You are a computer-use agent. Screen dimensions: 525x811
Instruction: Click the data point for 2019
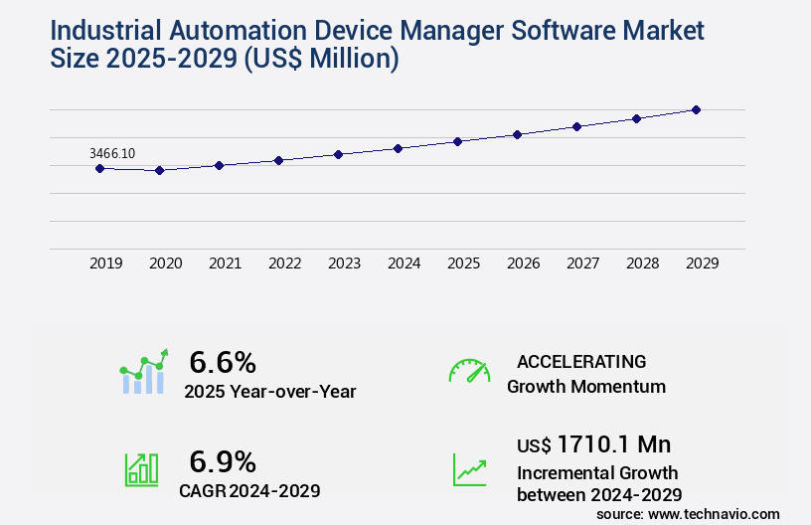point(99,168)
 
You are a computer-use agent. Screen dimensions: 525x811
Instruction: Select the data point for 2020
point(159,170)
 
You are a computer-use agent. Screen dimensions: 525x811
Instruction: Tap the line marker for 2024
point(398,148)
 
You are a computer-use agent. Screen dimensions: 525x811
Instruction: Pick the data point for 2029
point(696,109)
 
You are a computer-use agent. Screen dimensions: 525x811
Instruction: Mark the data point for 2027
point(576,126)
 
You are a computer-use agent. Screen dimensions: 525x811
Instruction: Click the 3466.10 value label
point(111,153)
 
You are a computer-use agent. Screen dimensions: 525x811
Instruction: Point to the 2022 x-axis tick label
point(284,263)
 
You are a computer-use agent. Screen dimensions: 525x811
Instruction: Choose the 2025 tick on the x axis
point(463,263)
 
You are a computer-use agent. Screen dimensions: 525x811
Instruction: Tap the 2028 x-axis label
point(642,263)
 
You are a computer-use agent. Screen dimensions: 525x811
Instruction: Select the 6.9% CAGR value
point(223,461)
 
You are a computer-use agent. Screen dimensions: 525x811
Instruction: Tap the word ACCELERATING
point(581,361)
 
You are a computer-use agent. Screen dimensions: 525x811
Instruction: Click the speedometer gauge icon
point(469,371)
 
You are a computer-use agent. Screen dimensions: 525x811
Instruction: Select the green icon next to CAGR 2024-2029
point(141,469)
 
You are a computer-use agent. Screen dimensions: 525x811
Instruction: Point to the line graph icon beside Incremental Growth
point(469,469)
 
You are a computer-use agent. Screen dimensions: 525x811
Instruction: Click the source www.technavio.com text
point(688,514)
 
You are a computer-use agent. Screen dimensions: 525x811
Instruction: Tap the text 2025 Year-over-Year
point(270,392)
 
